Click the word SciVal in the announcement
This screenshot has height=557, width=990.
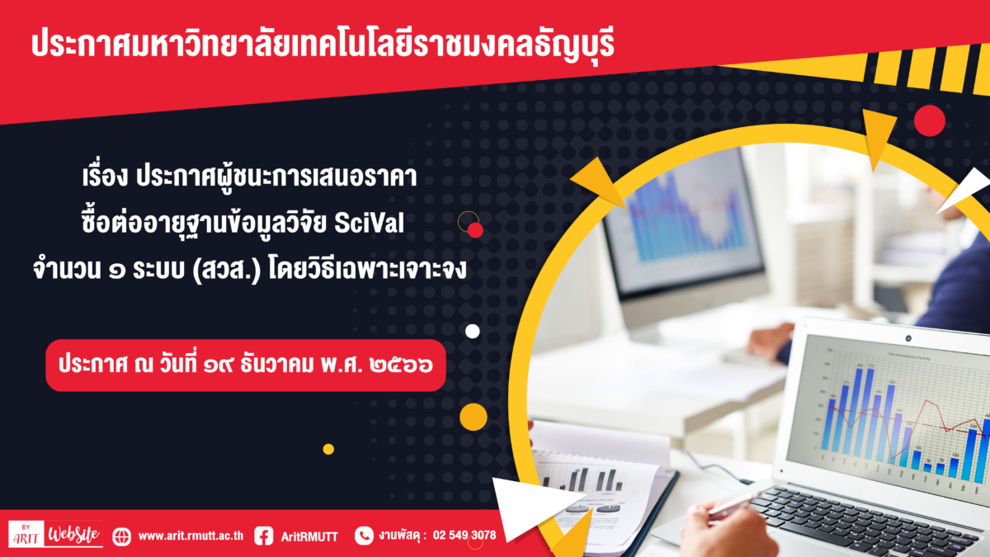pos(369,223)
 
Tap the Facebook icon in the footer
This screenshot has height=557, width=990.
pos(264,536)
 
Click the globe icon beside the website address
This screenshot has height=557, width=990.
pos(121,536)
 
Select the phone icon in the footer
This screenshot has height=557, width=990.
pos(364,536)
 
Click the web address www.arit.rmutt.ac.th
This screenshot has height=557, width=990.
pos(191,536)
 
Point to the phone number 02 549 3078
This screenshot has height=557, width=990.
pos(464,536)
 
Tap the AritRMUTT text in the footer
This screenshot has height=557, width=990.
pos(309,536)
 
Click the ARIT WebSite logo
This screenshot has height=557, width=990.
pos(56,534)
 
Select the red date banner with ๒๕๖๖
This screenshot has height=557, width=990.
pos(246,365)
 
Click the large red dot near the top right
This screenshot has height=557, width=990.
pos(930,120)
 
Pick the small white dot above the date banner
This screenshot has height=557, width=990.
pos(473,331)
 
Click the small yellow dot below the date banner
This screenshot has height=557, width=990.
pos(328,449)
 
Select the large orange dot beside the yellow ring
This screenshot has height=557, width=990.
pos(474,417)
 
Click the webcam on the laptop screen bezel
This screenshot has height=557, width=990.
pos(908,338)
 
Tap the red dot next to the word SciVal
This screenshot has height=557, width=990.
pos(475,230)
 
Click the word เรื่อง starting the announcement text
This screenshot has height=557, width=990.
pos(106,177)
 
